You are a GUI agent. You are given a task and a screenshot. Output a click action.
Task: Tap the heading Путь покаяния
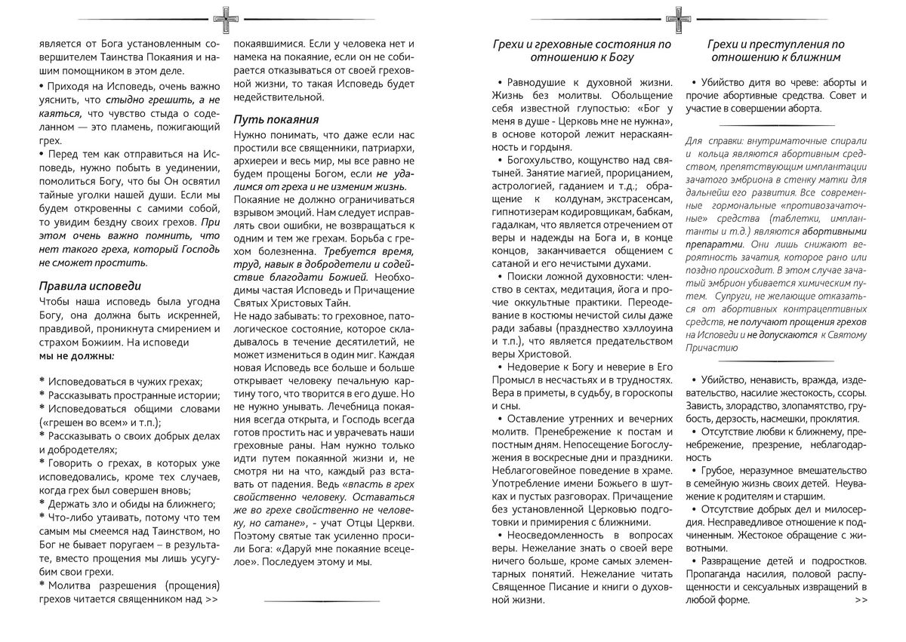[x=276, y=119]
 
